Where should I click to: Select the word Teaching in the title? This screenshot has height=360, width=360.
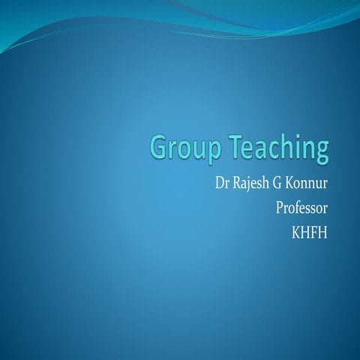click(280, 148)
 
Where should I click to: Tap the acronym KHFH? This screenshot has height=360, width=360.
click(310, 229)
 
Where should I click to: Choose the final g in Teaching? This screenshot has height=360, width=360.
click(321, 152)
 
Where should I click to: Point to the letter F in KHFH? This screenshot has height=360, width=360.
click(314, 229)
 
